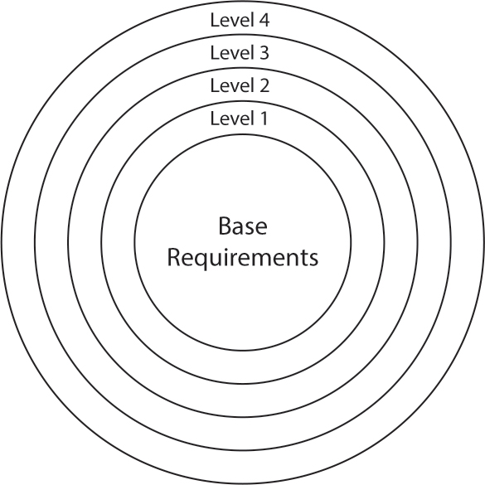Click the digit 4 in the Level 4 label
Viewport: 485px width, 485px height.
point(263,21)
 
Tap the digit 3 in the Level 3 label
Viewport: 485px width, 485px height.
point(264,53)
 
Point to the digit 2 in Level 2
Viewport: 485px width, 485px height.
point(264,85)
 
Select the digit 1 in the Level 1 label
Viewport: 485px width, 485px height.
point(263,119)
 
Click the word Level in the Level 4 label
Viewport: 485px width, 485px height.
point(230,21)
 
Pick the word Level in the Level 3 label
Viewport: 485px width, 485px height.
point(230,53)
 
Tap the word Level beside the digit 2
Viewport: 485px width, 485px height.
point(230,85)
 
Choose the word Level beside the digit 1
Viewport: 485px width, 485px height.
point(230,119)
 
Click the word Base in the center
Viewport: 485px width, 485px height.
point(243,226)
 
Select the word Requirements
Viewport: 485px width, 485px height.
point(243,258)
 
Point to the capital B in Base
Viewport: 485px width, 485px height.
point(225,226)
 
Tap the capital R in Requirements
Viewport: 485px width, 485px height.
point(173,258)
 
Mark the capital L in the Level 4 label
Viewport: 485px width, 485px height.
point(215,21)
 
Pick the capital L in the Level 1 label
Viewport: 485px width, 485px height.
point(215,119)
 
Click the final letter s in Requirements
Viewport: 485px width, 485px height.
point(313,260)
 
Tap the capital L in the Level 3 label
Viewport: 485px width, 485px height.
point(215,53)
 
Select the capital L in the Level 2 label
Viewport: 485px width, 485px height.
point(215,85)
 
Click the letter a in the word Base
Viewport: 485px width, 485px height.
point(239,228)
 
